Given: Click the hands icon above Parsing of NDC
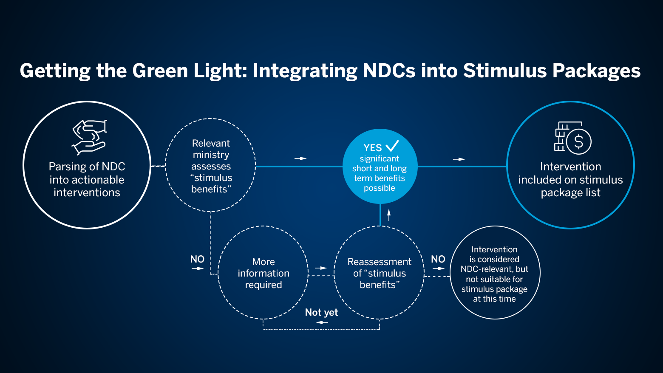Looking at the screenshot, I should pos(89,137).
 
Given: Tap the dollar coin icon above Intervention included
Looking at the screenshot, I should pos(578,141).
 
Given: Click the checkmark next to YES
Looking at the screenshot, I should pos(392,146).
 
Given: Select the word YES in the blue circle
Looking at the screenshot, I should pos(373,148).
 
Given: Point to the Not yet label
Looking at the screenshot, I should pos(321,313).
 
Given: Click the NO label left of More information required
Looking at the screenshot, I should pos(197,259).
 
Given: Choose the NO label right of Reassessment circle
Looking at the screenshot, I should pos(438,259).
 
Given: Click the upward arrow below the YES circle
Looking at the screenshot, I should pos(389,214).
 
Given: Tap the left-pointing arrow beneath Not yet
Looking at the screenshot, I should pos(322,322).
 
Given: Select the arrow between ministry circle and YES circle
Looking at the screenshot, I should pos(300,158).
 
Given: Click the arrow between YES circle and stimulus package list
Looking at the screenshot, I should pos(459,159).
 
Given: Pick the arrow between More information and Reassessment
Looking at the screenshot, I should pos(321,268).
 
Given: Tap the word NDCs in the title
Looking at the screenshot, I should pos(389,71).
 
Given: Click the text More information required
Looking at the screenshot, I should pos(263,273).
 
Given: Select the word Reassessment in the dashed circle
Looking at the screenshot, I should pos(380,262).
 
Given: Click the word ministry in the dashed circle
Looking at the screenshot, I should pos(211,155).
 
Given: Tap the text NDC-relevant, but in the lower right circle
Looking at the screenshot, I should pos(494,269).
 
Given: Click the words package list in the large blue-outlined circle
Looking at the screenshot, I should pos(570,193).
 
